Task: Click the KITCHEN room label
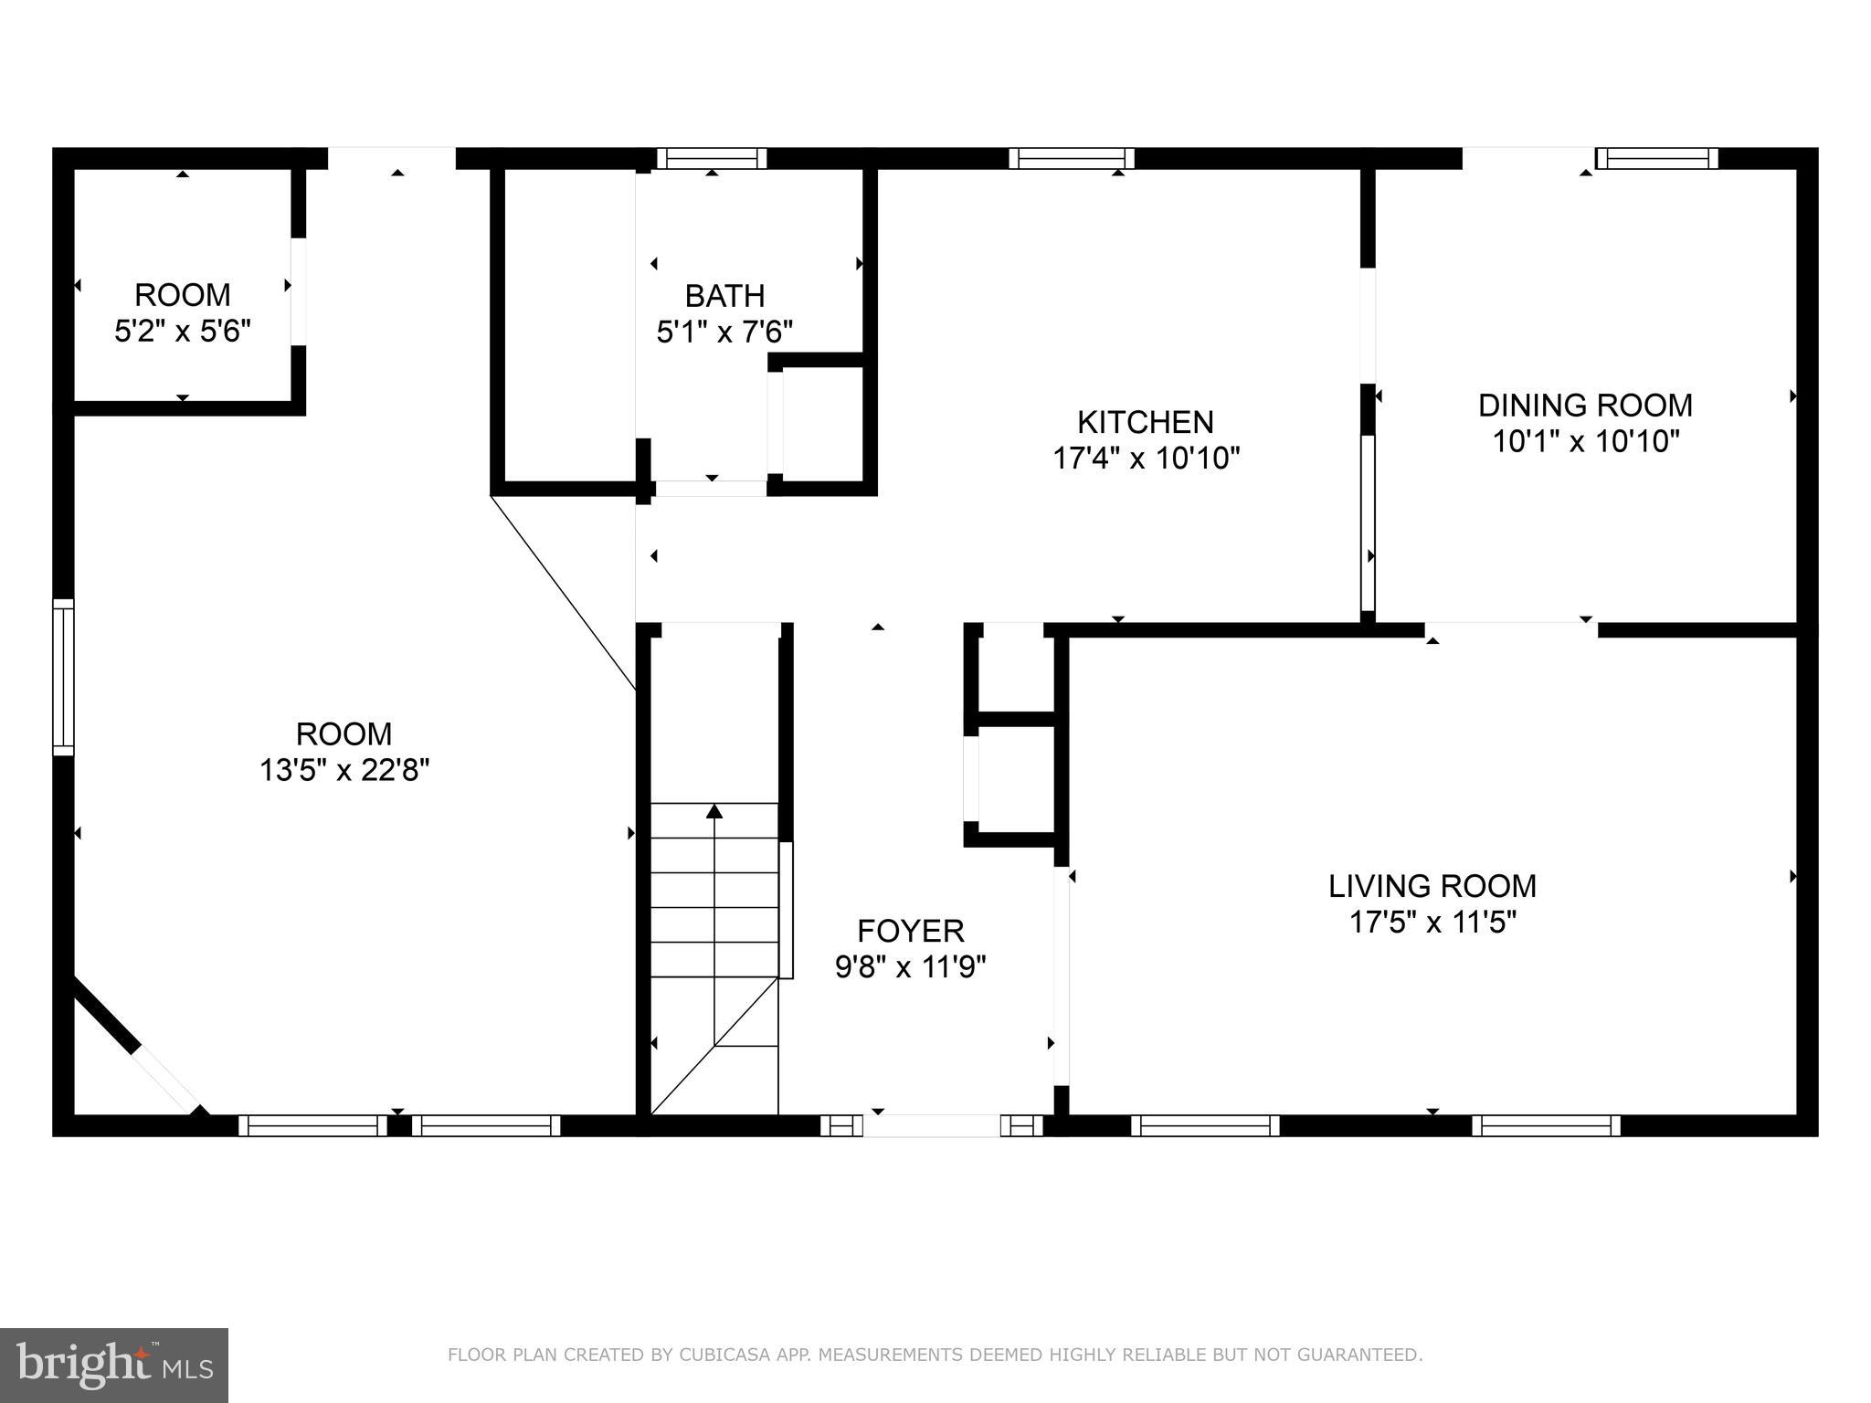1145,422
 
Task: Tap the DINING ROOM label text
1585,405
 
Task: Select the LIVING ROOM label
1432,885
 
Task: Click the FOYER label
910,931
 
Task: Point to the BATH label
724,296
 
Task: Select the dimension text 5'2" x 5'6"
182,331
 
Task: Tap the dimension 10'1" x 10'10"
1586,442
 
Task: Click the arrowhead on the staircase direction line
714,810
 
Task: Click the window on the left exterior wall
63,677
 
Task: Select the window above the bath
712,159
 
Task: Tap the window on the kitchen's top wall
1071,159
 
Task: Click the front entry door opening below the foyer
931,1125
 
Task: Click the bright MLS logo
113,1365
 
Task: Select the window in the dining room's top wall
1656,159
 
